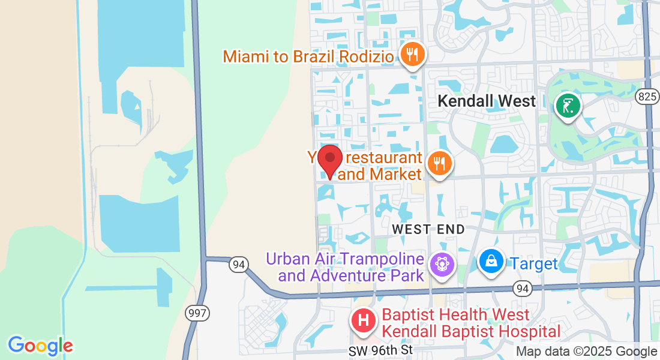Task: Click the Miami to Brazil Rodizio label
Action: [308, 57]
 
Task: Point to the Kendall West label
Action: [487, 101]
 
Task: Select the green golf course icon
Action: [568, 107]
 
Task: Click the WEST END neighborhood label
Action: [428, 229]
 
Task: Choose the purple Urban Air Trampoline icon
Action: [442, 265]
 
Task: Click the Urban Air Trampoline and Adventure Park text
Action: [345, 268]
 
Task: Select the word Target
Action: [534, 263]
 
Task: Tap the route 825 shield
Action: [648, 97]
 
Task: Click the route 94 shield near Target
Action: [522, 289]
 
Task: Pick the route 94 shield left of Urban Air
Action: [239, 264]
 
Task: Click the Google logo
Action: [40, 346]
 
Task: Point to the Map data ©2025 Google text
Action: [587, 352]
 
